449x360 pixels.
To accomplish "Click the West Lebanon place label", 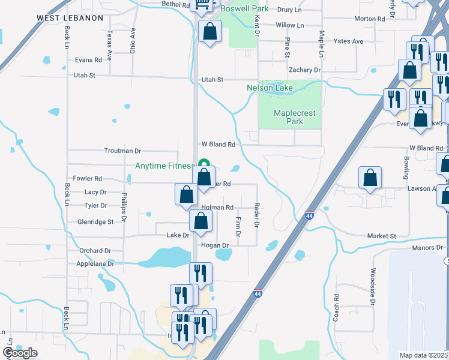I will coord(70,18).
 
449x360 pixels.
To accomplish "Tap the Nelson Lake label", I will coord(270,88).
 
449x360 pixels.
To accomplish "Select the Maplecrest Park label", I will coord(294,117).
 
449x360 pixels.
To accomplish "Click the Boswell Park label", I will coord(244,9).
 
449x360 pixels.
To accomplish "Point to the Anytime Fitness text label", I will coord(164,166).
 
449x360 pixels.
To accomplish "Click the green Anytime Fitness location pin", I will coord(204,164).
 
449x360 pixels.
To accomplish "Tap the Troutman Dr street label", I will coord(122,151).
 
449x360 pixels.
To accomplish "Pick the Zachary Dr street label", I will coord(304,70).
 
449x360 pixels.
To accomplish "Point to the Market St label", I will coord(382,236).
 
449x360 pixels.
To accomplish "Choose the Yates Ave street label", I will coord(349,41).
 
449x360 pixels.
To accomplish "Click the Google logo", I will coord(20,353).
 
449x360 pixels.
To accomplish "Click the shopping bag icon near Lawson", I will coord(370,178).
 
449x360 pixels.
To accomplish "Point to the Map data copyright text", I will coord(423,355).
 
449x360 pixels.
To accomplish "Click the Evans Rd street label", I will coord(88,60).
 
